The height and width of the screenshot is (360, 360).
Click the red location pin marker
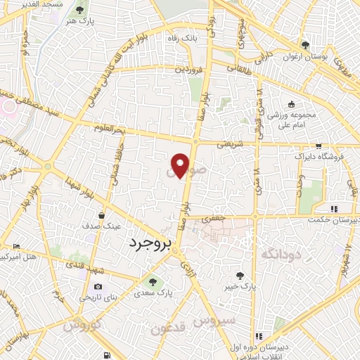click(181, 165)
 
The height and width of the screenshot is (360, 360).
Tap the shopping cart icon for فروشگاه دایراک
click(319, 146)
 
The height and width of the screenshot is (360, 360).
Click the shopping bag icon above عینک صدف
click(103, 216)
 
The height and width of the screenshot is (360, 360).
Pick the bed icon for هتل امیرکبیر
click(17, 245)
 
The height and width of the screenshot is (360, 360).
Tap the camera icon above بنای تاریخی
click(97, 286)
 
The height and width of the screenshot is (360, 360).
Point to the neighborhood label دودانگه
click(281, 253)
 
